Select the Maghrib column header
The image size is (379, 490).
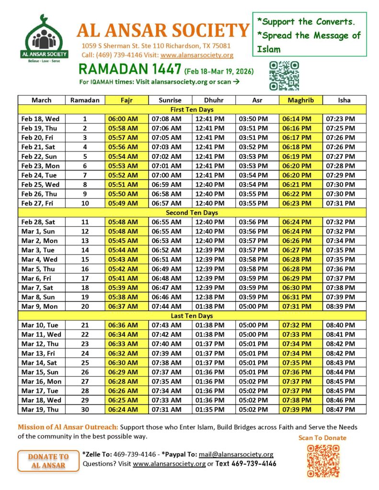(300, 100)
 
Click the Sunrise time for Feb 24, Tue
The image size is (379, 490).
(166, 175)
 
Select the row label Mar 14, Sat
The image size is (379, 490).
(38, 362)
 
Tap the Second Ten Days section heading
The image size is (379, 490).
(192, 212)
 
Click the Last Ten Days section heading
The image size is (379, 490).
(192, 316)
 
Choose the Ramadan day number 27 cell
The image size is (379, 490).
(85, 381)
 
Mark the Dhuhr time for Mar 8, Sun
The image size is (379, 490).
(210, 297)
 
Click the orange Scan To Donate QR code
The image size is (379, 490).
(322, 460)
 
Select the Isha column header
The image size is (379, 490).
(344, 100)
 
